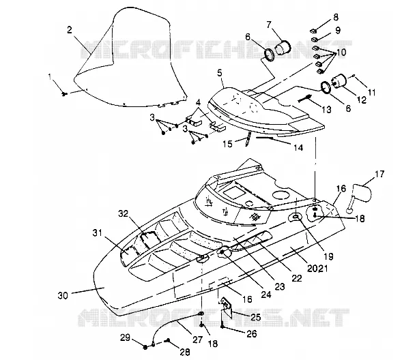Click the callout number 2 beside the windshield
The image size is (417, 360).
point(70,30)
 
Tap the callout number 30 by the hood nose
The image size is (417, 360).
point(63,295)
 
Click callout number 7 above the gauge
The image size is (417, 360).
point(269,25)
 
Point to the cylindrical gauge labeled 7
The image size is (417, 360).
point(283,47)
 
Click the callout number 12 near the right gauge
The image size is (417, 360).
point(362,100)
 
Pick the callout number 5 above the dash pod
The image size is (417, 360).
point(220,73)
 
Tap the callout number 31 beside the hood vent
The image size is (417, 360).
point(98,233)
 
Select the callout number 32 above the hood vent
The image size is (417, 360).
point(123,213)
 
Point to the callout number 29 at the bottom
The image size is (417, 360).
point(125,337)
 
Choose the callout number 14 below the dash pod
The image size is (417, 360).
point(298,147)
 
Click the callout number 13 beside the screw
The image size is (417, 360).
point(326,109)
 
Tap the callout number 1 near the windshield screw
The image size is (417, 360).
point(50,77)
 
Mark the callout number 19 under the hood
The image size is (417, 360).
point(328,256)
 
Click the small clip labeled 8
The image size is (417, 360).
point(314,31)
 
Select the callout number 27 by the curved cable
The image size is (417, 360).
point(197,340)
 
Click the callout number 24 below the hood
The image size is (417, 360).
point(266,295)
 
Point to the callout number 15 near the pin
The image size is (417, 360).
point(227,144)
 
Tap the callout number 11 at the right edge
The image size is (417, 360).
point(371,92)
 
